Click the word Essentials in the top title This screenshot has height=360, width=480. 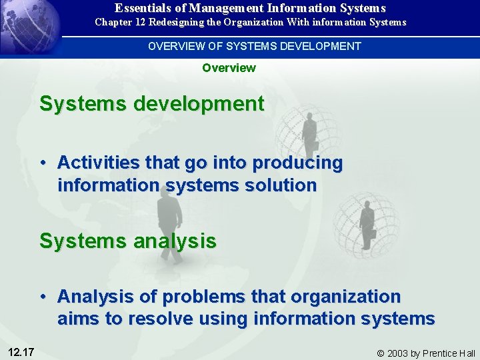coord(141,8)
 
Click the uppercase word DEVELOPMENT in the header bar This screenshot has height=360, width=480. coord(323,46)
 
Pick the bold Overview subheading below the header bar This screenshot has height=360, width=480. coord(229,67)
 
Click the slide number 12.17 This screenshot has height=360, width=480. coord(21,351)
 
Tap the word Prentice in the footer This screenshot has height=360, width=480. coord(439,353)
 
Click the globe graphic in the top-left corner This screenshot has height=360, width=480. coord(27,27)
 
